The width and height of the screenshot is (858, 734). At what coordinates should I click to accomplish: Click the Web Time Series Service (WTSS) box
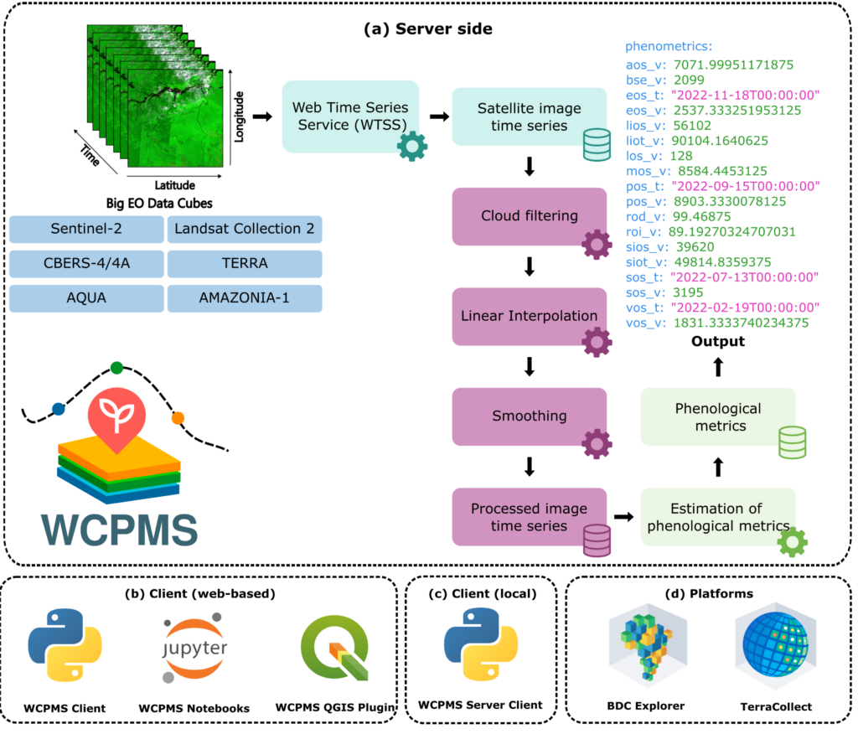click(349, 116)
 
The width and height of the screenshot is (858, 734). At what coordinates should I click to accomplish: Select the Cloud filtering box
click(529, 216)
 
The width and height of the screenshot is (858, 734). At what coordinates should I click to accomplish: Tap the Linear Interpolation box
click(529, 316)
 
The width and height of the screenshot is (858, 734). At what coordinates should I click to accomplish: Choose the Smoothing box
click(529, 416)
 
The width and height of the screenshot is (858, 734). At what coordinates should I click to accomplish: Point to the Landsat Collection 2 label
click(244, 230)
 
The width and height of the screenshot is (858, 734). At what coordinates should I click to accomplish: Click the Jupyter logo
click(194, 650)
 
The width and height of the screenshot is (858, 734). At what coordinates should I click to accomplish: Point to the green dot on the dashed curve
click(116, 367)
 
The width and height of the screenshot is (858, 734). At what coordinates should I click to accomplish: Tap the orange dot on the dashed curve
click(178, 417)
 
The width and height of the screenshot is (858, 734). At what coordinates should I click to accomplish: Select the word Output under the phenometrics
click(718, 341)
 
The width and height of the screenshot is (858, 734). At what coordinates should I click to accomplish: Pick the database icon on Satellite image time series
click(597, 147)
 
